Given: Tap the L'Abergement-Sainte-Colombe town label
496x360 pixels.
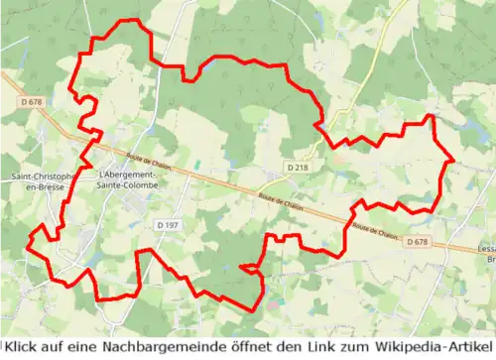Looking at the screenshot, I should point(130,180).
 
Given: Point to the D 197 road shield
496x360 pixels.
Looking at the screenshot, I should point(168,226).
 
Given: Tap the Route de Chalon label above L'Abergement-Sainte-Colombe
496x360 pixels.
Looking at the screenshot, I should point(149,161).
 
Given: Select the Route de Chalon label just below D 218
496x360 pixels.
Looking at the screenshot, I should point(279,201).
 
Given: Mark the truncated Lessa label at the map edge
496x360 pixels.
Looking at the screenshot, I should point(485,254).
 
